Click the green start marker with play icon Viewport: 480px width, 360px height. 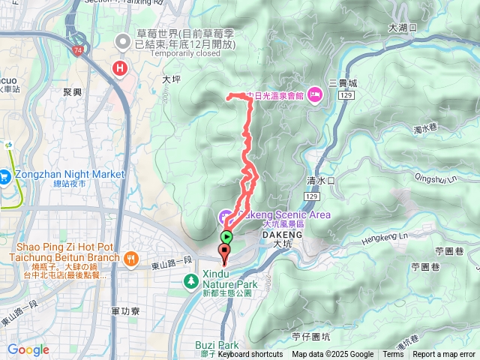pos(226,237)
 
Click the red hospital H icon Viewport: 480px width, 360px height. pos(118,69)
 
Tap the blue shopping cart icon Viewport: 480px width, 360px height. pos(5,177)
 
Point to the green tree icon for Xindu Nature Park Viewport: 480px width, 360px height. pos(190,282)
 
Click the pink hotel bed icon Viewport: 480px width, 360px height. pos(313,94)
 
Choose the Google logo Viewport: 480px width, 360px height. pos(28,349)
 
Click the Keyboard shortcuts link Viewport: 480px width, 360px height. pos(250,355)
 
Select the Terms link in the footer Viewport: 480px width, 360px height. pos(393,355)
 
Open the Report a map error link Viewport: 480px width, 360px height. pos(445,355)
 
